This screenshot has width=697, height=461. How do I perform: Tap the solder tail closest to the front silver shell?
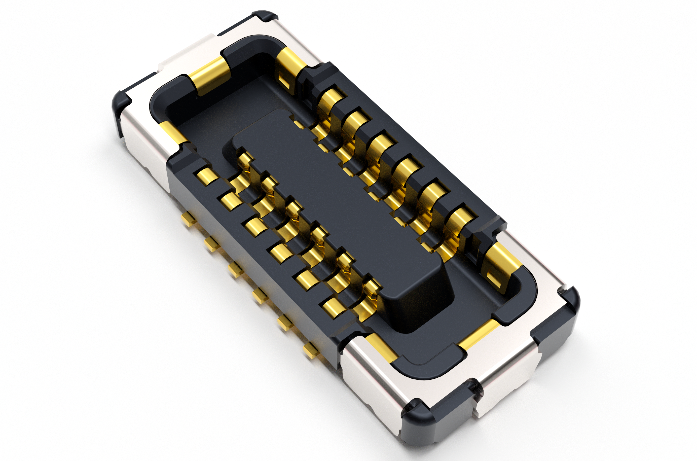tap(311, 350)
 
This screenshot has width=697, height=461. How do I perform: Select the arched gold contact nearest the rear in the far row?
tap(331, 98)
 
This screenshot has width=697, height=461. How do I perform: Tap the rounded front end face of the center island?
tap(417, 306)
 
